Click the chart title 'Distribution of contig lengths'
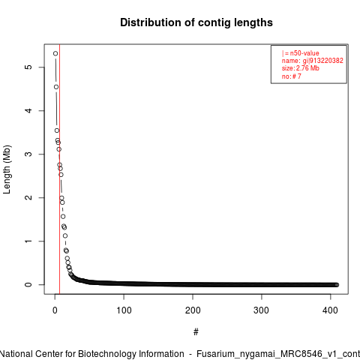point(196,22)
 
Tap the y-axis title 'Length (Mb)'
point(7,169)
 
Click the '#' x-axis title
point(196,332)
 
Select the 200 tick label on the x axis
point(193,310)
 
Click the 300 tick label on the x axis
point(262,310)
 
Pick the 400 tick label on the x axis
point(330,310)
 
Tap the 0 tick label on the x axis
point(55,310)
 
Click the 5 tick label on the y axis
point(28,67)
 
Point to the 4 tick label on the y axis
point(28,110)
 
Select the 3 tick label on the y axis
point(28,154)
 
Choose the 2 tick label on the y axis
point(28,197)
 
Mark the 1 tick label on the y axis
point(28,241)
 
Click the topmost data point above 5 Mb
point(55,53)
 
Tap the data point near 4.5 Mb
point(56,87)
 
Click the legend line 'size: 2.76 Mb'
point(301,68)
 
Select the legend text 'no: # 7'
point(292,76)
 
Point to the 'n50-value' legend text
point(304,53)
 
